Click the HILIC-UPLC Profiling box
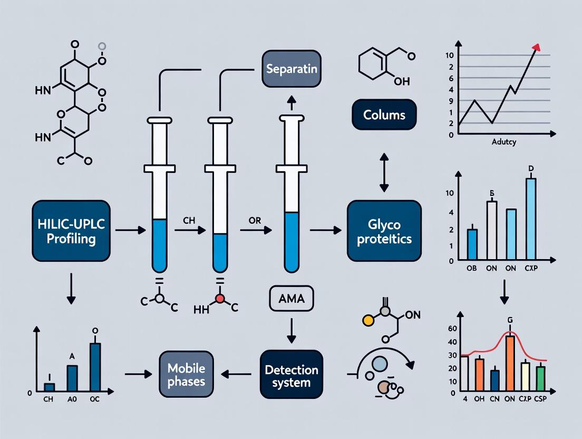tap(71, 230)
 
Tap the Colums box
tap(384, 114)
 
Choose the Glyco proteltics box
tap(384, 231)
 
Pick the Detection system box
tap(291, 374)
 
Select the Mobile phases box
tap(186, 374)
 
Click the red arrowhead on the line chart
tap(536, 48)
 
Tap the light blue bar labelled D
tap(530, 219)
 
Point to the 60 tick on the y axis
tap(451, 329)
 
